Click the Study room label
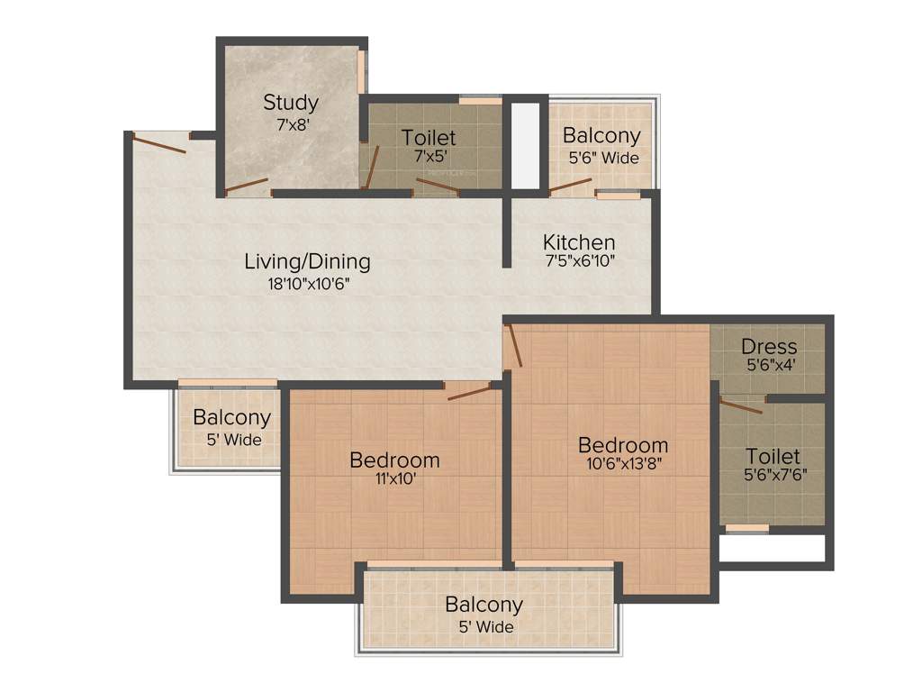click(x=290, y=103)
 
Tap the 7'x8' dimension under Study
click(x=293, y=125)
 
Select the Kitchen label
click(x=579, y=242)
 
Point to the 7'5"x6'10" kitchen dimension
click(x=579, y=262)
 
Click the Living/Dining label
click(x=307, y=262)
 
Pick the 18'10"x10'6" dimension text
click(x=307, y=283)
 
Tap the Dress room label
click(x=768, y=347)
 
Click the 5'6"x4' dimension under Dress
click(x=768, y=366)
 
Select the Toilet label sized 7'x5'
click(x=429, y=138)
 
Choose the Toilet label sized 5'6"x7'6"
click(x=772, y=457)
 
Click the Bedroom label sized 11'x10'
click(x=394, y=460)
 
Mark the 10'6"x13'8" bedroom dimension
click(x=623, y=466)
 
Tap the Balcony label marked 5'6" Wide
click(x=601, y=136)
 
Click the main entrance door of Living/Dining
click(x=159, y=143)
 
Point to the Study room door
click(x=247, y=187)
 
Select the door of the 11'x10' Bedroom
click(x=469, y=391)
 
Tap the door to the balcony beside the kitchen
click(x=571, y=186)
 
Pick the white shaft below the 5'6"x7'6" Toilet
click(x=772, y=548)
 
